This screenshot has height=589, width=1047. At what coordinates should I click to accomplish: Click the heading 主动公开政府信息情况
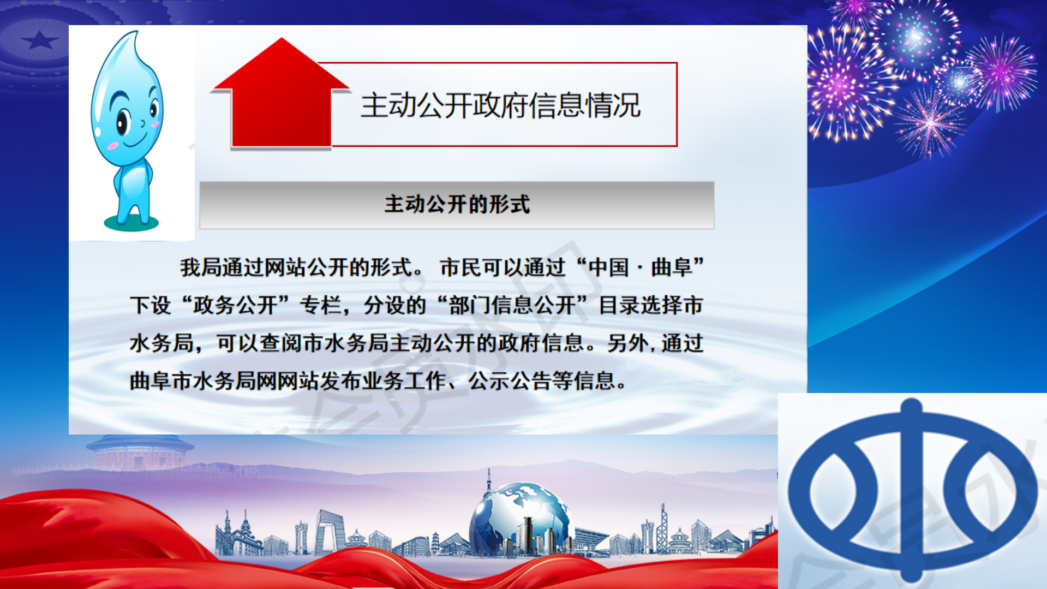tap(500, 105)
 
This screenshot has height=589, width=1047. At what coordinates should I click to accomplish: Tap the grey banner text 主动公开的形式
tap(457, 204)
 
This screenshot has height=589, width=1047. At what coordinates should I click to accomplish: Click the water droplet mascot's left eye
tap(123, 121)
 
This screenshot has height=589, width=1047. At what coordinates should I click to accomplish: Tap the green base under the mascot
tap(131, 223)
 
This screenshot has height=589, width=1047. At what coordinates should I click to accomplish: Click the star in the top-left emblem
tap(40, 40)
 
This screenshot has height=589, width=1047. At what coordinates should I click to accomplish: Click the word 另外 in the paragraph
tap(627, 343)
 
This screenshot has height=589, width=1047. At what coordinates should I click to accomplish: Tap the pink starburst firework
tap(930, 123)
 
